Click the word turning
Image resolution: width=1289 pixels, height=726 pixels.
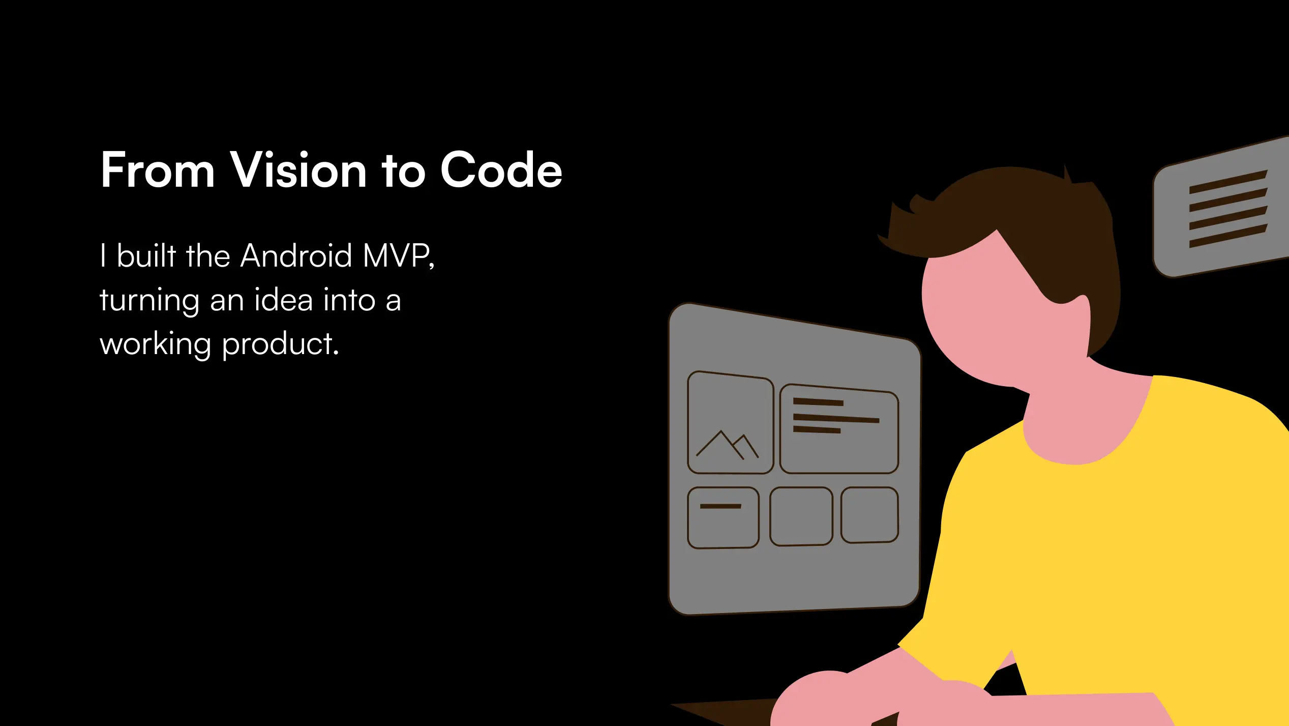point(149,301)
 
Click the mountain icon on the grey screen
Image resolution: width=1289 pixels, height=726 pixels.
point(727,445)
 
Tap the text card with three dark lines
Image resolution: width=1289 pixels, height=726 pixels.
point(840,429)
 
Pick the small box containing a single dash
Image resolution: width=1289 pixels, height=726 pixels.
point(723,518)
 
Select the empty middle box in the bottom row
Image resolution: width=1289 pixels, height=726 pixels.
point(801,516)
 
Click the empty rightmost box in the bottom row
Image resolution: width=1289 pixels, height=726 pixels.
point(870,515)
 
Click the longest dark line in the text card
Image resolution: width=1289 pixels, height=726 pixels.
point(836,418)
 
